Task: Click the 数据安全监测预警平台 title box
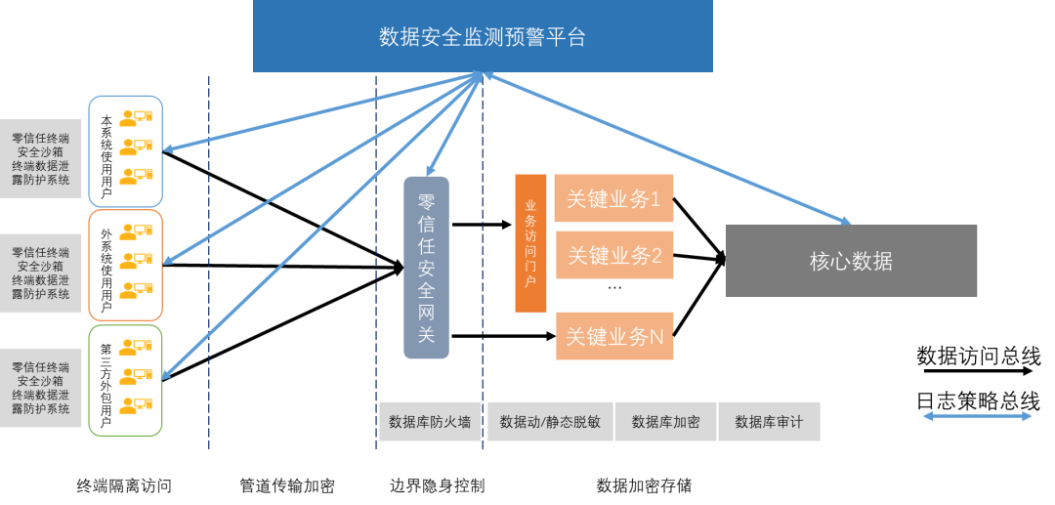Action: [483, 37]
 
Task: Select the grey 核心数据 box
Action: [851, 261]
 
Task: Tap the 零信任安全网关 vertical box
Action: [426, 268]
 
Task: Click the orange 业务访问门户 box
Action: [530, 243]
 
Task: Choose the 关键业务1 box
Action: [614, 199]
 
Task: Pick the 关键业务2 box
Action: [614, 256]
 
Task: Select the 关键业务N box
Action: [614, 337]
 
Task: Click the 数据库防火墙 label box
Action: [430, 422]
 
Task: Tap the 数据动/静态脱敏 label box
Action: [550, 422]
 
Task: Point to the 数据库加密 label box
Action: [665, 422]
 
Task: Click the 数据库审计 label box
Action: [769, 422]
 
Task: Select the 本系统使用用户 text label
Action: [106, 156]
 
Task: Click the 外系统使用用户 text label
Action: [106, 270]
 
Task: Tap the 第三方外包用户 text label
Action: [106, 385]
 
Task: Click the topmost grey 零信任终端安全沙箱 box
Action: [41, 159]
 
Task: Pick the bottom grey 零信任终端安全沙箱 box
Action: [41, 388]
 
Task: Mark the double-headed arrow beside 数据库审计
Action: [977, 416]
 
